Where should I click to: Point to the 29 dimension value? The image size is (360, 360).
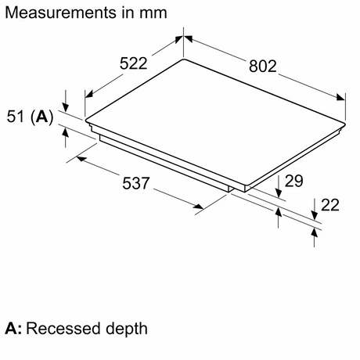pos(293,182)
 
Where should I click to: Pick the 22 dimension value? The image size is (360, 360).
pos(331,205)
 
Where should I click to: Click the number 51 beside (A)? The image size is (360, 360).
pos(15,117)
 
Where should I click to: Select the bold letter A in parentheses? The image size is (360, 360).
pos(42,117)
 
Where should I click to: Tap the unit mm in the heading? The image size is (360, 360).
pos(153,13)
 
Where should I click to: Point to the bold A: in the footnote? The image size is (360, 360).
pos(13,327)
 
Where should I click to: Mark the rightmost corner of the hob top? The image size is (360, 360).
pos(345,123)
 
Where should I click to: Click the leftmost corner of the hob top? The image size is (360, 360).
pos(85,121)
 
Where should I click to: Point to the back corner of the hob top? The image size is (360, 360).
pos(184,59)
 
